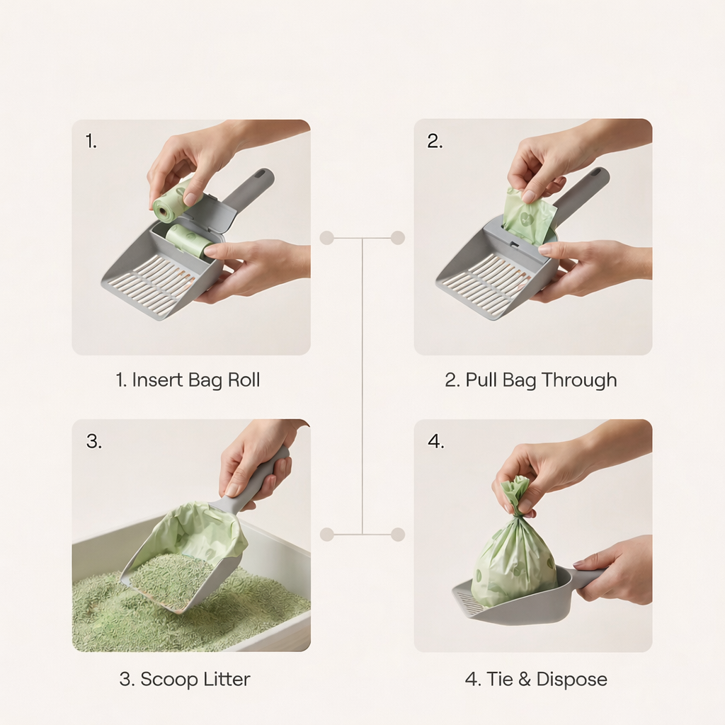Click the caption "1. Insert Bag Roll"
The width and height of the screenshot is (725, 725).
tap(188, 380)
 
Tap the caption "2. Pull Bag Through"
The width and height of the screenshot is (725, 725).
tap(530, 380)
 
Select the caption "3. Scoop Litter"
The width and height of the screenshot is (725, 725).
tap(184, 679)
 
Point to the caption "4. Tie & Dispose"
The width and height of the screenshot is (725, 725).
tap(536, 679)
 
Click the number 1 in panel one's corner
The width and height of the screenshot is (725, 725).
tap(91, 141)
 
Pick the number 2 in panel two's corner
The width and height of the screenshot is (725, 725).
tap(434, 141)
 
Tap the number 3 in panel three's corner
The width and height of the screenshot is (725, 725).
tap(93, 442)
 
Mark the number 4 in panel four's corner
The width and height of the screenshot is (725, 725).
tap(435, 442)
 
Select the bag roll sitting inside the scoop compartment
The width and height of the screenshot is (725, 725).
tap(188, 241)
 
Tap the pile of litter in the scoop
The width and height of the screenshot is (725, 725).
tap(173, 577)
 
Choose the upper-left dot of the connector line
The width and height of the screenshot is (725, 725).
tap(326, 238)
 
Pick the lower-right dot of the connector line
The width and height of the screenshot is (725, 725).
tap(398, 535)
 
